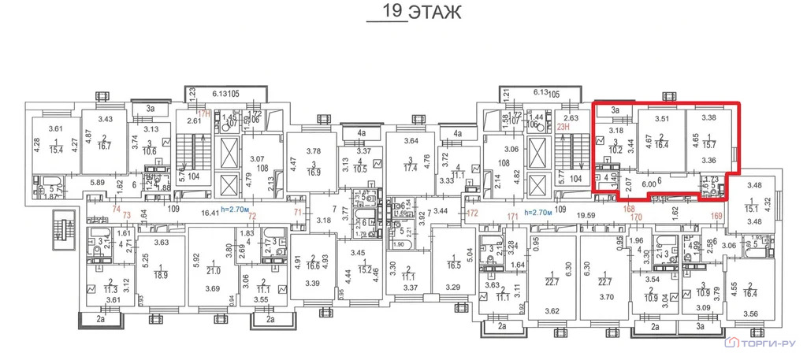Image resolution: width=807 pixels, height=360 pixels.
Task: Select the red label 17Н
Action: (206, 113)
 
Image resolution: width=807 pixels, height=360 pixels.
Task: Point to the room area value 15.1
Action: (750, 210)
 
